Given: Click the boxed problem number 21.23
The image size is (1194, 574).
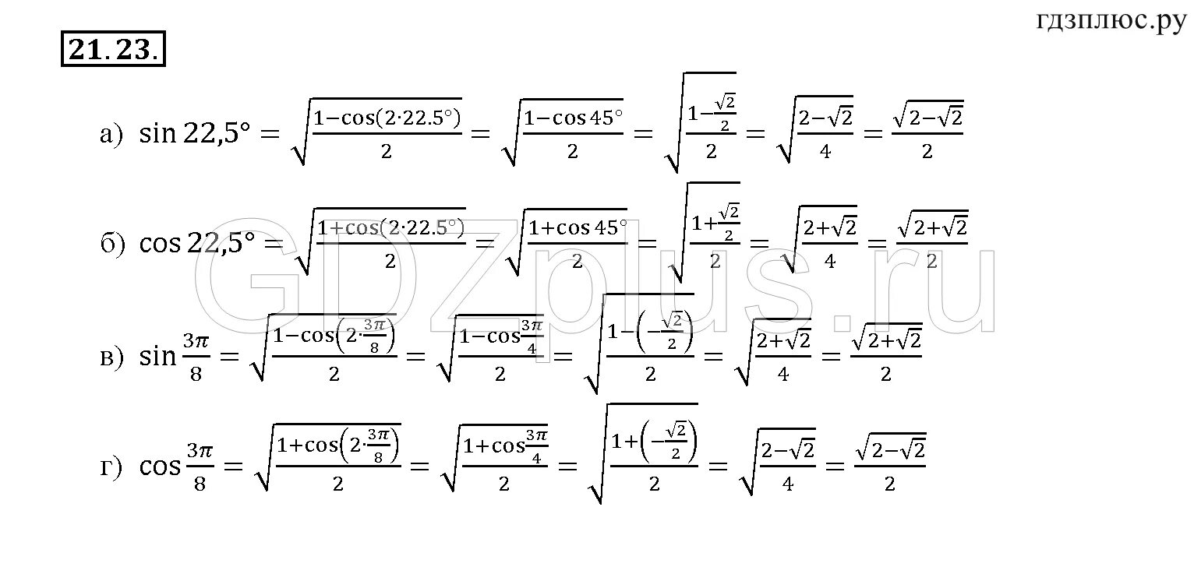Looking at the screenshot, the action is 113,51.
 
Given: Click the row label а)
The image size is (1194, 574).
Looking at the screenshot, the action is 111,135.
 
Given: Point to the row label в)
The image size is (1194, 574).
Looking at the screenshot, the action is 112,357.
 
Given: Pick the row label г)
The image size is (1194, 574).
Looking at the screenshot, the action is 112,467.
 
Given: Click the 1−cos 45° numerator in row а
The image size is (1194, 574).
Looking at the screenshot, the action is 574,119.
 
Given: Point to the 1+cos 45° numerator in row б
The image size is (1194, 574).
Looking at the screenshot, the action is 578,228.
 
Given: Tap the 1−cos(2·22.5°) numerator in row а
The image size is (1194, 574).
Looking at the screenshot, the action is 387,119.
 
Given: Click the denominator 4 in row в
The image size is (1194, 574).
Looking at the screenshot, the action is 783,373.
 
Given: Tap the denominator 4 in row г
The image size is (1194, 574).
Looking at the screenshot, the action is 787,483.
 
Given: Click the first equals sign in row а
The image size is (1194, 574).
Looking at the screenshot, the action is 269,135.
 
